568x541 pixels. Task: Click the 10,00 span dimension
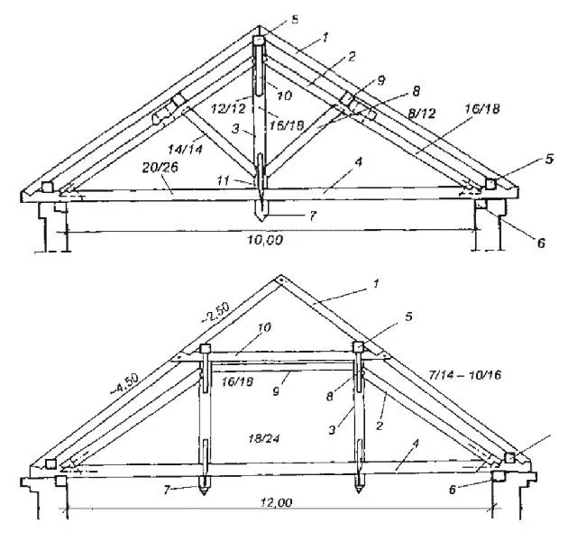point(265,240)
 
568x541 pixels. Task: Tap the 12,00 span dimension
point(276,502)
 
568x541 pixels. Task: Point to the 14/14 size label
point(185,149)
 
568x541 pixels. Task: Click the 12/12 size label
point(228,108)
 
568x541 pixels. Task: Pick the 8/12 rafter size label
point(421,114)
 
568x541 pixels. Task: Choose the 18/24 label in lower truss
point(264,439)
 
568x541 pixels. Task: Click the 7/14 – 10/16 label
point(464,374)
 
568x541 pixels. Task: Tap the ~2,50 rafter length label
point(215,312)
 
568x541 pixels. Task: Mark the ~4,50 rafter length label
point(124,384)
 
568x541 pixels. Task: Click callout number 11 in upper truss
point(224,180)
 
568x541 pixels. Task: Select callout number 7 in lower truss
point(167,490)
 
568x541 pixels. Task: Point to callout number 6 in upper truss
point(540,243)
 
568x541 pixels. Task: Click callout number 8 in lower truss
point(329,396)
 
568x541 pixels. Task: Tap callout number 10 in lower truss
point(264,327)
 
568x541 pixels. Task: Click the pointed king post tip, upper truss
point(261,222)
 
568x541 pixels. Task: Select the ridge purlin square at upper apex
point(259,40)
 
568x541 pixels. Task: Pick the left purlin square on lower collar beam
point(205,349)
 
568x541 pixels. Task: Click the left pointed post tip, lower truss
point(205,495)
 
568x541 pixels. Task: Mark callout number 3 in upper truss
point(235,128)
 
